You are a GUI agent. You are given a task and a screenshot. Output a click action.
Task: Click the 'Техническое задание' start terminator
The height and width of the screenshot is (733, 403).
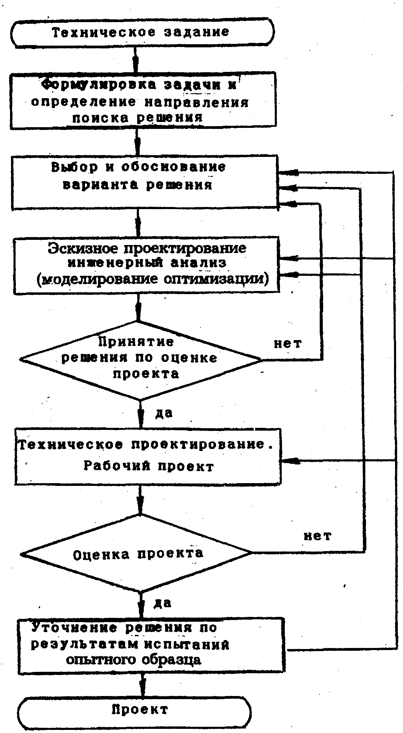[x=142, y=32]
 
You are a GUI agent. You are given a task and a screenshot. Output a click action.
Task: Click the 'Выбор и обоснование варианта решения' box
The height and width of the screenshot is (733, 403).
[x=144, y=182]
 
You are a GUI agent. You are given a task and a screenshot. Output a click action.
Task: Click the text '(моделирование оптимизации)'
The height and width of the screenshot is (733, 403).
[x=152, y=279]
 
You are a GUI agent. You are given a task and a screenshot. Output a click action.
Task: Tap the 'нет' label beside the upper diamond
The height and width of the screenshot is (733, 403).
[x=288, y=344]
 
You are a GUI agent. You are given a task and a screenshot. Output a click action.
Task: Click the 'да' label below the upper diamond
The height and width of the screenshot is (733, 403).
[x=164, y=413]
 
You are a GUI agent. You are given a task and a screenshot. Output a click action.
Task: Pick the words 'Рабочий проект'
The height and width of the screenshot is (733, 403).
[x=149, y=466]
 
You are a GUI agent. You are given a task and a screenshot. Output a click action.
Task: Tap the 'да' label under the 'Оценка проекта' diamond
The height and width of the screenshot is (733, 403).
[x=162, y=603]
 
